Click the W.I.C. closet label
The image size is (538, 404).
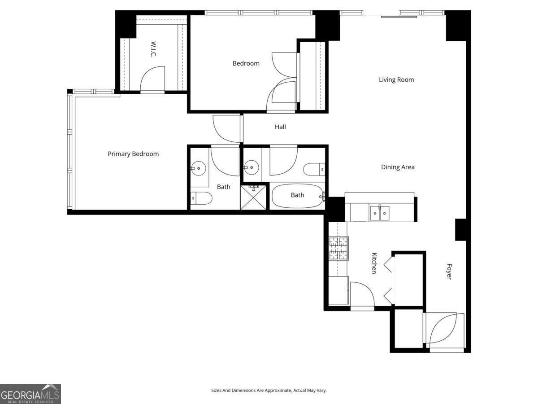[x=153, y=49]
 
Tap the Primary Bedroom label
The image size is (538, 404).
[x=133, y=154]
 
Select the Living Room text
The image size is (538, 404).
[x=396, y=80]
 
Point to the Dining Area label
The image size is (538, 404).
[x=398, y=167]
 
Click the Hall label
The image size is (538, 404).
[x=280, y=127]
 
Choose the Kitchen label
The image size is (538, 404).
[x=374, y=263]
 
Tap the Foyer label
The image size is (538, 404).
[x=448, y=271]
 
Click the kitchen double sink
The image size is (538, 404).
[x=379, y=213]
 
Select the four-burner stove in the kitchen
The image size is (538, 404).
[x=338, y=248]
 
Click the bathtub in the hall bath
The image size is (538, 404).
[x=297, y=195]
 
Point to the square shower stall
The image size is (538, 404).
[x=254, y=196]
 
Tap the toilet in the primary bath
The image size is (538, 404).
[x=201, y=198]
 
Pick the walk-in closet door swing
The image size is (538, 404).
[x=153, y=79]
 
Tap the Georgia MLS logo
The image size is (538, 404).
[x=30, y=394]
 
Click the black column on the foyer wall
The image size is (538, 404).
[x=461, y=229]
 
